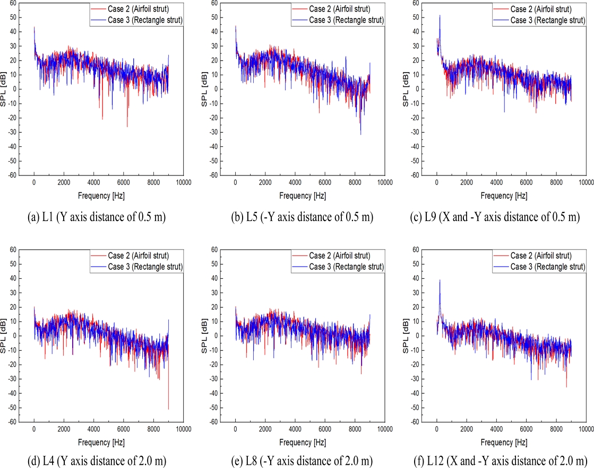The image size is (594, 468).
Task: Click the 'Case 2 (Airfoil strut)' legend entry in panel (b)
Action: click(x=340, y=10)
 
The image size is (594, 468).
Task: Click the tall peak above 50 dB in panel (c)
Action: click(x=440, y=15)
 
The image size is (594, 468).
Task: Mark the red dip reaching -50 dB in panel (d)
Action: click(x=169, y=408)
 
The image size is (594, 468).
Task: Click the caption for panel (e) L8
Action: click(x=298, y=459)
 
